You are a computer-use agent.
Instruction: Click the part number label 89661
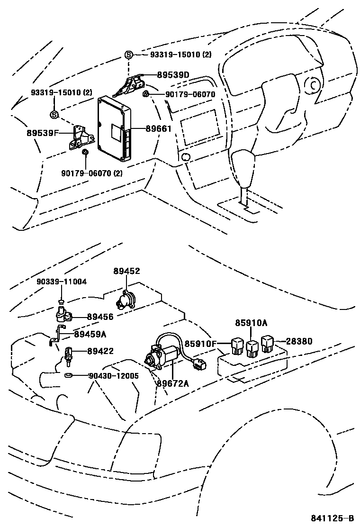158,129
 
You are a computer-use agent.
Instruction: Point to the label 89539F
42,133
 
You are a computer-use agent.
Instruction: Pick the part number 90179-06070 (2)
92,173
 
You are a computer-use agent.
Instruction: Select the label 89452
126,271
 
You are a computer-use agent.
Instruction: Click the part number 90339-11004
62,282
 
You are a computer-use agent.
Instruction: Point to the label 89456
100,317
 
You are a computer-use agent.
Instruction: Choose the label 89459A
90,334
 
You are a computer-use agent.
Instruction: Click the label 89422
100,351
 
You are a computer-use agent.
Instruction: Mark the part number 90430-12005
113,375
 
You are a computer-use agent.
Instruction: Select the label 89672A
172,383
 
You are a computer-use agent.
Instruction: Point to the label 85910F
200,344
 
